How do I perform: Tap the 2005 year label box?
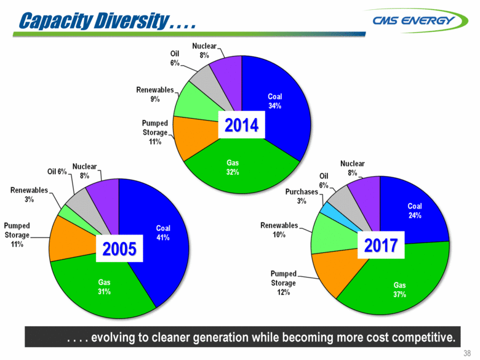click(118, 249)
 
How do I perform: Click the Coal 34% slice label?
click(274, 101)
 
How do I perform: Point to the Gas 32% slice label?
click(231, 167)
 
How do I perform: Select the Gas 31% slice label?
click(105, 286)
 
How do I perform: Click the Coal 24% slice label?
click(416, 211)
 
